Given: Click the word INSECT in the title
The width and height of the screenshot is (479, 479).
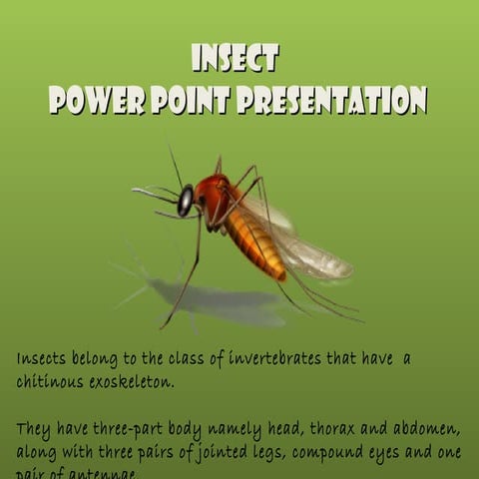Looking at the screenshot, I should click(236, 58).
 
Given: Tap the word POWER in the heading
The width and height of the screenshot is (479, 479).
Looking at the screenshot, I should click(93, 100).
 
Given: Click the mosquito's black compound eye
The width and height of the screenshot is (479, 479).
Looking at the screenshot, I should click(186, 201).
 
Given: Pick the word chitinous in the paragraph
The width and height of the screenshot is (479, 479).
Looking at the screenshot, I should click(50, 381).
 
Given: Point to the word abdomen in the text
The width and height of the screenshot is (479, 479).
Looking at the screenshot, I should click(423, 430).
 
